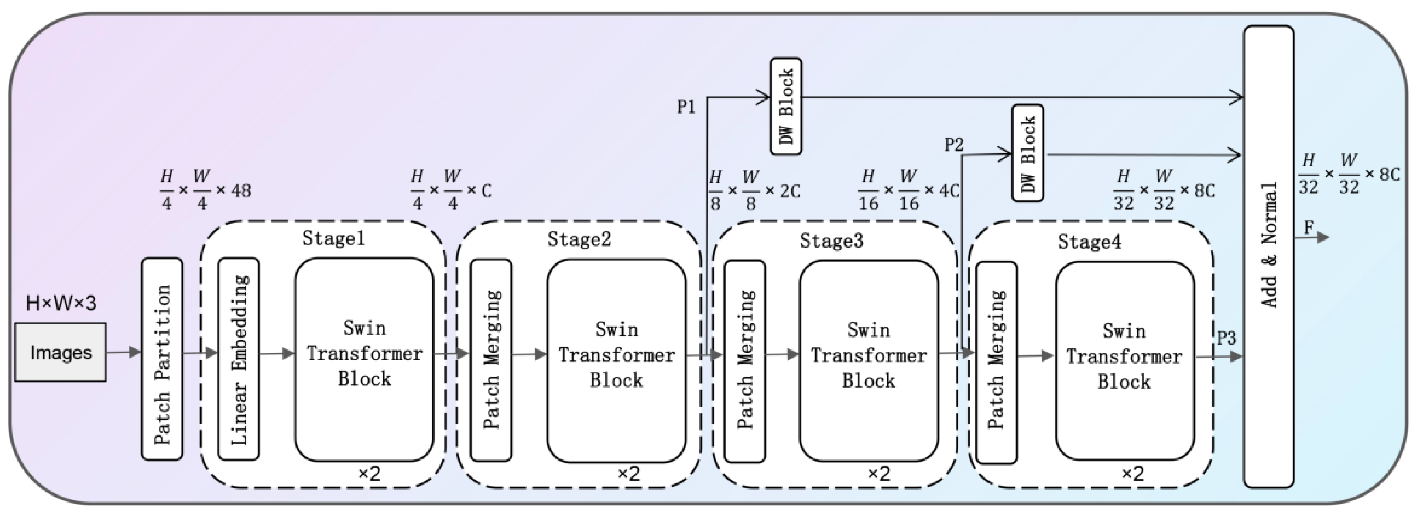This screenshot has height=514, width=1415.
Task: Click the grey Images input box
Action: (x=60, y=352)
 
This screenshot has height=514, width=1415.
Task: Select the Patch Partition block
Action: (x=162, y=359)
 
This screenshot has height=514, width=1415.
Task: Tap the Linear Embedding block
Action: (x=239, y=359)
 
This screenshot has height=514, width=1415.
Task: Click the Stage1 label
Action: (x=333, y=238)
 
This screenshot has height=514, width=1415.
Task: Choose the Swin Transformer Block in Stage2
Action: (x=617, y=360)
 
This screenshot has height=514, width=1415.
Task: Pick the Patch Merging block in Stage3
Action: (x=745, y=361)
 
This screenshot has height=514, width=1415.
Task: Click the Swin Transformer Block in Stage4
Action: (x=1124, y=361)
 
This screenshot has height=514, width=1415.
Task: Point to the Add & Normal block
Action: (x=1269, y=256)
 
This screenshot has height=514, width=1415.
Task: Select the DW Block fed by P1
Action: (x=786, y=106)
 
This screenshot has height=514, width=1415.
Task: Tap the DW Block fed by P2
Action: (x=1028, y=153)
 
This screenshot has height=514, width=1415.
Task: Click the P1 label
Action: (x=686, y=107)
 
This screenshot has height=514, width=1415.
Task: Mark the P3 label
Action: (x=1226, y=338)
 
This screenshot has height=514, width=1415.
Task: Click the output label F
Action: (x=1309, y=227)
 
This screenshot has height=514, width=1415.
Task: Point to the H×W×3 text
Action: (x=61, y=303)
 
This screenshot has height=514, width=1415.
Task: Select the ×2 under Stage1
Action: (x=369, y=473)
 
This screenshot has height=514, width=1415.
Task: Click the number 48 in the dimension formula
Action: (x=240, y=191)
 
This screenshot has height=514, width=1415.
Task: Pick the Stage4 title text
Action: (x=1089, y=241)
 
